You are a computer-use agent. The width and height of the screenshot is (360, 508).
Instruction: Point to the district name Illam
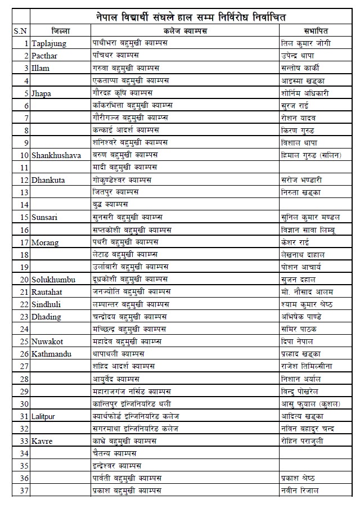point(41,68)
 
